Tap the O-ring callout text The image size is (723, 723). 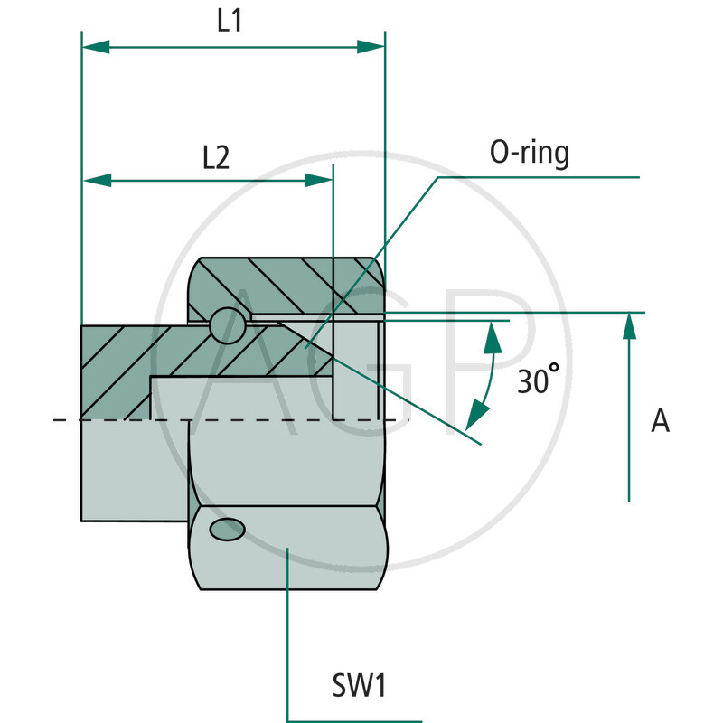click(530, 153)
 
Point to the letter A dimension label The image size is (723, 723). click(661, 420)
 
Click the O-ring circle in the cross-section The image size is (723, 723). click(227, 326)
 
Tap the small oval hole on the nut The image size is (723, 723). click(226, 529)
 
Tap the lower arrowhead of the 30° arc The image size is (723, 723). click(473, 418)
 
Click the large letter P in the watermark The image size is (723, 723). click(488, 361)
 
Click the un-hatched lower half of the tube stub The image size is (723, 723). click(136, 470)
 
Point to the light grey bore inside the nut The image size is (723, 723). click(357, 371)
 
